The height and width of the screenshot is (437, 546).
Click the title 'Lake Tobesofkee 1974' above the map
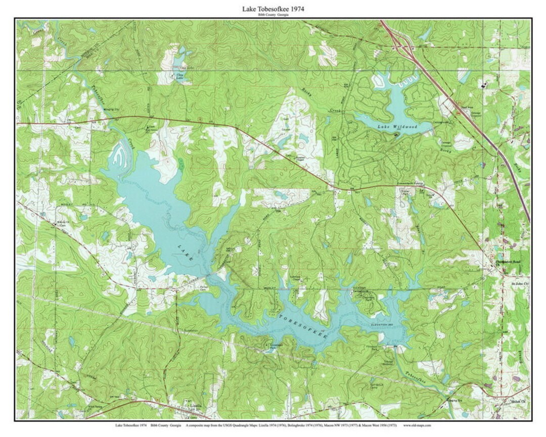pyautogui.click(x=273, y=9)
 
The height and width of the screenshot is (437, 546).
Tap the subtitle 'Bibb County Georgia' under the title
pyautogui.click(x=273, y=15)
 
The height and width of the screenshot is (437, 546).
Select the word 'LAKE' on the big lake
pyautogui.click(x=186, y=251)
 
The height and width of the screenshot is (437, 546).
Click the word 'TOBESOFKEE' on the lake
pyautogui.click(x=303, y=326)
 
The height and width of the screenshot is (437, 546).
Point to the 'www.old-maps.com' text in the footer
pyautogui.click(x=417, y=426)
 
